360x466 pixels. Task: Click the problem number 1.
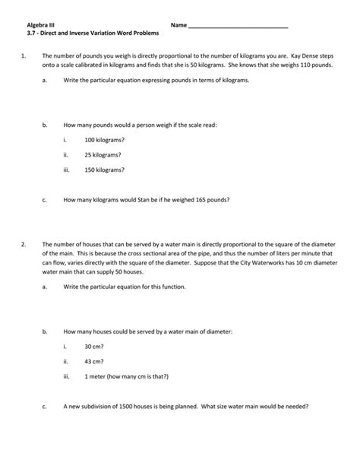coord(24,56)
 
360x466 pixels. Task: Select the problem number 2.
coord(24,244)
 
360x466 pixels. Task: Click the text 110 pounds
coord(319,66)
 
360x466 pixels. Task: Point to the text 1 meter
coord(96,376)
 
